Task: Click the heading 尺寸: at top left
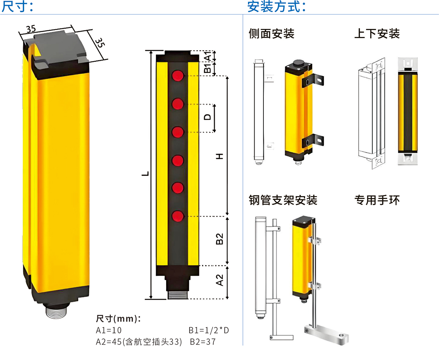click(x=17, y=6)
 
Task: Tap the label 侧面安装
click(x=271, y=34)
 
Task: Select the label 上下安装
click(x=377, y=34)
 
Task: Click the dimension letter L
click(x=145, y=174)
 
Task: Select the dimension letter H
click(x=219, y=156)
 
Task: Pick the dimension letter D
click(x=207, y=117)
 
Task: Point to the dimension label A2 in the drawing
click(x=219, y=281)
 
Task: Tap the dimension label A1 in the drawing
click(x=207, y=57)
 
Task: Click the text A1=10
click(x=109, y=330)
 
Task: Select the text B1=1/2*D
click(x=209, y=330)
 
